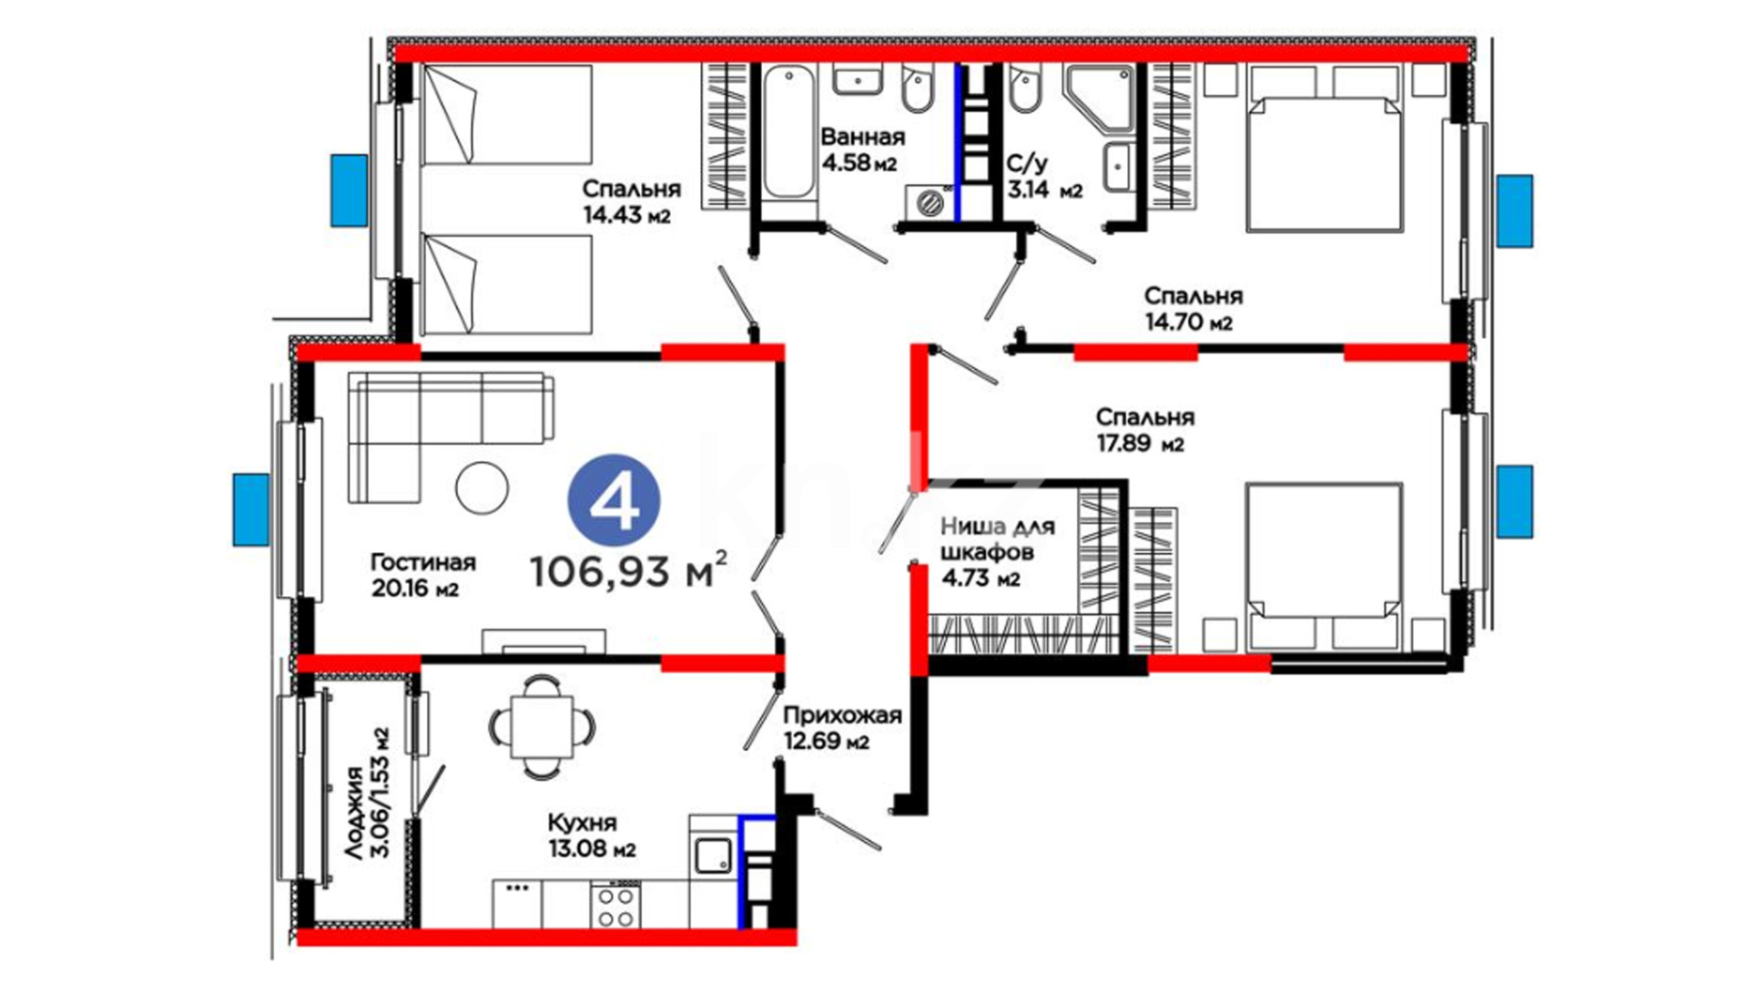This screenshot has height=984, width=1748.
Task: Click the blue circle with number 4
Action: point(614,501)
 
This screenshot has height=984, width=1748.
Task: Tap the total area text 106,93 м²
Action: point(628,571)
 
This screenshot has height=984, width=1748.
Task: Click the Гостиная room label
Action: point(423,562)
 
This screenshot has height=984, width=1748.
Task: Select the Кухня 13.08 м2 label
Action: point(592,835)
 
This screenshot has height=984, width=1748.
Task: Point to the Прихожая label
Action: point(842,716)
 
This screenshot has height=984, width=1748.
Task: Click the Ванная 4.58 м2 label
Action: point(862,150)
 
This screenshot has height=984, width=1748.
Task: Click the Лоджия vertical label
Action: point(367,793)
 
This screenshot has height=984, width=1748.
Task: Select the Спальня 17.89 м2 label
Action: point(1144,430)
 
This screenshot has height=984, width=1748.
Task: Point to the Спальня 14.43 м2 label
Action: point(631,201)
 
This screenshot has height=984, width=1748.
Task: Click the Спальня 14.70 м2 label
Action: point(1193,309)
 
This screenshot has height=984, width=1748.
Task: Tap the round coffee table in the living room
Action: point(482,488)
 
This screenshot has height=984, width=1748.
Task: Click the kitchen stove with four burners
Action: point(615,905)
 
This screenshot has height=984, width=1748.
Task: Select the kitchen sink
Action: point(713,856)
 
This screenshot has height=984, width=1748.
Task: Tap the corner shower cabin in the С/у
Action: point(1099,100)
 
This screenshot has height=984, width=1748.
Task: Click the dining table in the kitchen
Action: point(543,726)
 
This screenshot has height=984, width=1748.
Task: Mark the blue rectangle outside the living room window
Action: point(250,509)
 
